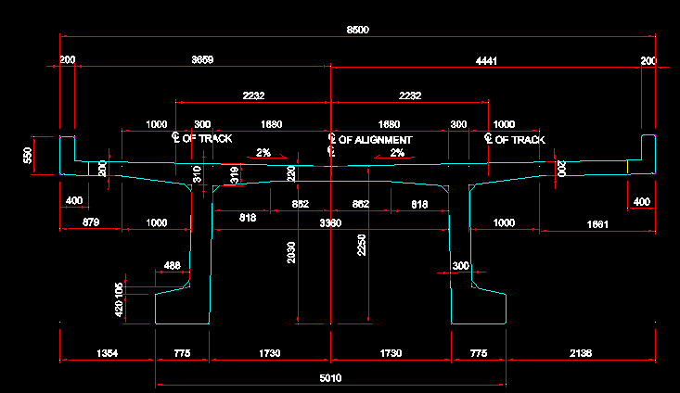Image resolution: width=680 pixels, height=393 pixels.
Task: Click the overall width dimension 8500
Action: coord(357,31)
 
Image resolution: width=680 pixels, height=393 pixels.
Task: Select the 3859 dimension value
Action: coord(202,60)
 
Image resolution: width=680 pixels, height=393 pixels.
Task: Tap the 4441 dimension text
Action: coord(486,60)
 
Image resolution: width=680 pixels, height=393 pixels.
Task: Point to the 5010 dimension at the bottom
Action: coord(330,377)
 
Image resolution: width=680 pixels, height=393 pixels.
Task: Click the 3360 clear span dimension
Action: coord(330,223)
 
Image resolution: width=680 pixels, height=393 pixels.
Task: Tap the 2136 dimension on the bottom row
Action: coord(580,353)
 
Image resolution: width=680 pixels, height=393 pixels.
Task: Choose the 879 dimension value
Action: coord(91,223)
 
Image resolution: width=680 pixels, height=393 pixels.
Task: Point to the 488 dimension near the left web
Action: coord(172,266)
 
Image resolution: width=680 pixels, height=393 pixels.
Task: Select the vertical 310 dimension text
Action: coord(197,173)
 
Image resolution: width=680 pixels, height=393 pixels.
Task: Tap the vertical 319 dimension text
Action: coord(234,173)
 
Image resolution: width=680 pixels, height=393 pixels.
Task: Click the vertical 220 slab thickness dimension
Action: coord(291,173)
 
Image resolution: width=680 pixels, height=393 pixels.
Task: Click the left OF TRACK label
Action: coord(208,139)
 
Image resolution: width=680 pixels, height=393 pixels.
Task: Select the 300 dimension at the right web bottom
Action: coord(461,266)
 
